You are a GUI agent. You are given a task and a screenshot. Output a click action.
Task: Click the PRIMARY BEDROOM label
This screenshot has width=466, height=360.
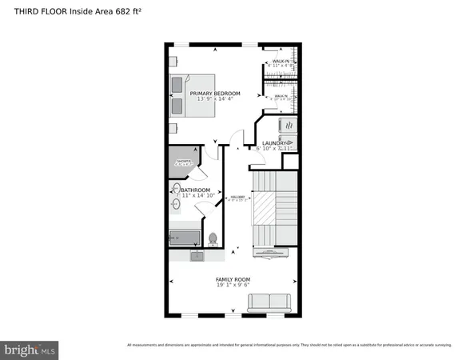[215, 94]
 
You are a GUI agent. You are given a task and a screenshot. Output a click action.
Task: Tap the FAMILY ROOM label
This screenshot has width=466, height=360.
[233, 279]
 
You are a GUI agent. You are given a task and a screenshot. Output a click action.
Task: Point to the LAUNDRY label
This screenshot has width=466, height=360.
[276, 143]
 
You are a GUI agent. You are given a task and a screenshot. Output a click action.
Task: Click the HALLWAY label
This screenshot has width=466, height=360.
[237, 197]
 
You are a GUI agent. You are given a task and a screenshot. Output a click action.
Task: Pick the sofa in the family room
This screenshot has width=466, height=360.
[269, 302]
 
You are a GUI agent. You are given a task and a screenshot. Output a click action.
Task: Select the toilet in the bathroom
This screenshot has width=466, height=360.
[213, 238]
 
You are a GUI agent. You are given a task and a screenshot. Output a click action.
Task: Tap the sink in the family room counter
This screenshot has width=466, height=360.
[197, 255]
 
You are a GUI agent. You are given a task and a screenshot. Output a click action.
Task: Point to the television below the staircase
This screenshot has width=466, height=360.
[271, 253]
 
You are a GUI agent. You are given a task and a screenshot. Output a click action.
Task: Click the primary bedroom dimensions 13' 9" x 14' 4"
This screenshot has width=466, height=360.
[215, 100]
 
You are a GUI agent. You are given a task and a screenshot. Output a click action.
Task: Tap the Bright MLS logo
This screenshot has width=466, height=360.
[30, 350]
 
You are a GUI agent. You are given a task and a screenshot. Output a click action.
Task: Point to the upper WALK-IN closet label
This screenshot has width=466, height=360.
[280, 61]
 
